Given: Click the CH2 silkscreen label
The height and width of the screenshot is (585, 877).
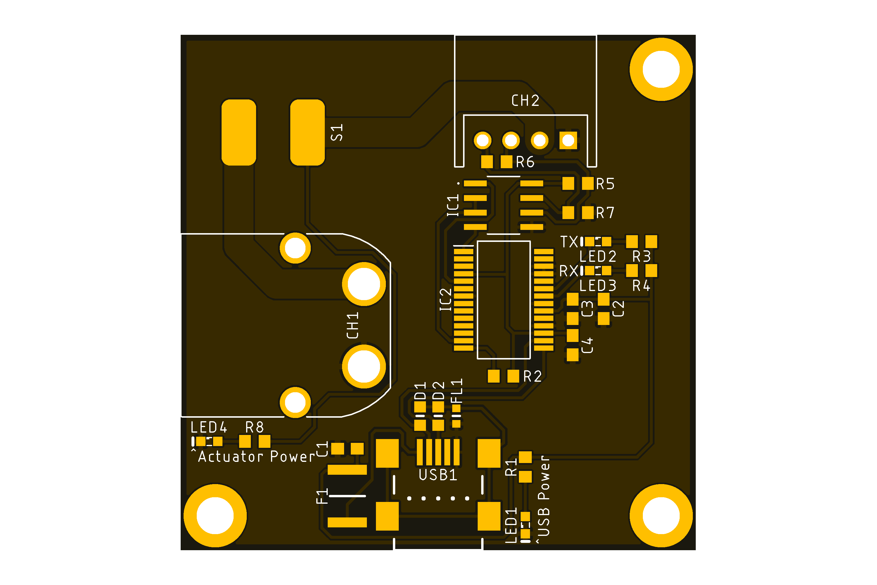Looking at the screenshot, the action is tap(525, 100).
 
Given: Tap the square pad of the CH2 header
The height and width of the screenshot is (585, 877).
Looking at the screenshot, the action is tap(568, 141).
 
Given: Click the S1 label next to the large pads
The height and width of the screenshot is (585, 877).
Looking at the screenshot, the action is tap(337, 133).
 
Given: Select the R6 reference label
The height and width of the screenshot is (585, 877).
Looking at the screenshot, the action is tap(525, 162).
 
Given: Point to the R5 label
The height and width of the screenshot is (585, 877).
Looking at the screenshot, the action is tap(605, 184).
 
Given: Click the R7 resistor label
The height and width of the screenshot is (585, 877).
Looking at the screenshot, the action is tap(605, 213).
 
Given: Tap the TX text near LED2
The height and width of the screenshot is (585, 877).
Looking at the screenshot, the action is tap(569, 242).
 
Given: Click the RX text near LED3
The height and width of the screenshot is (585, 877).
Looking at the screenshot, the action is tap(569, 271).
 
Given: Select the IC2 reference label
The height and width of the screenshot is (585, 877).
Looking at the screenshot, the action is tap(446, 300).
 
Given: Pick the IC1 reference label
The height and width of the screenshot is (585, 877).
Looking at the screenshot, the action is tap(453, 205).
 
